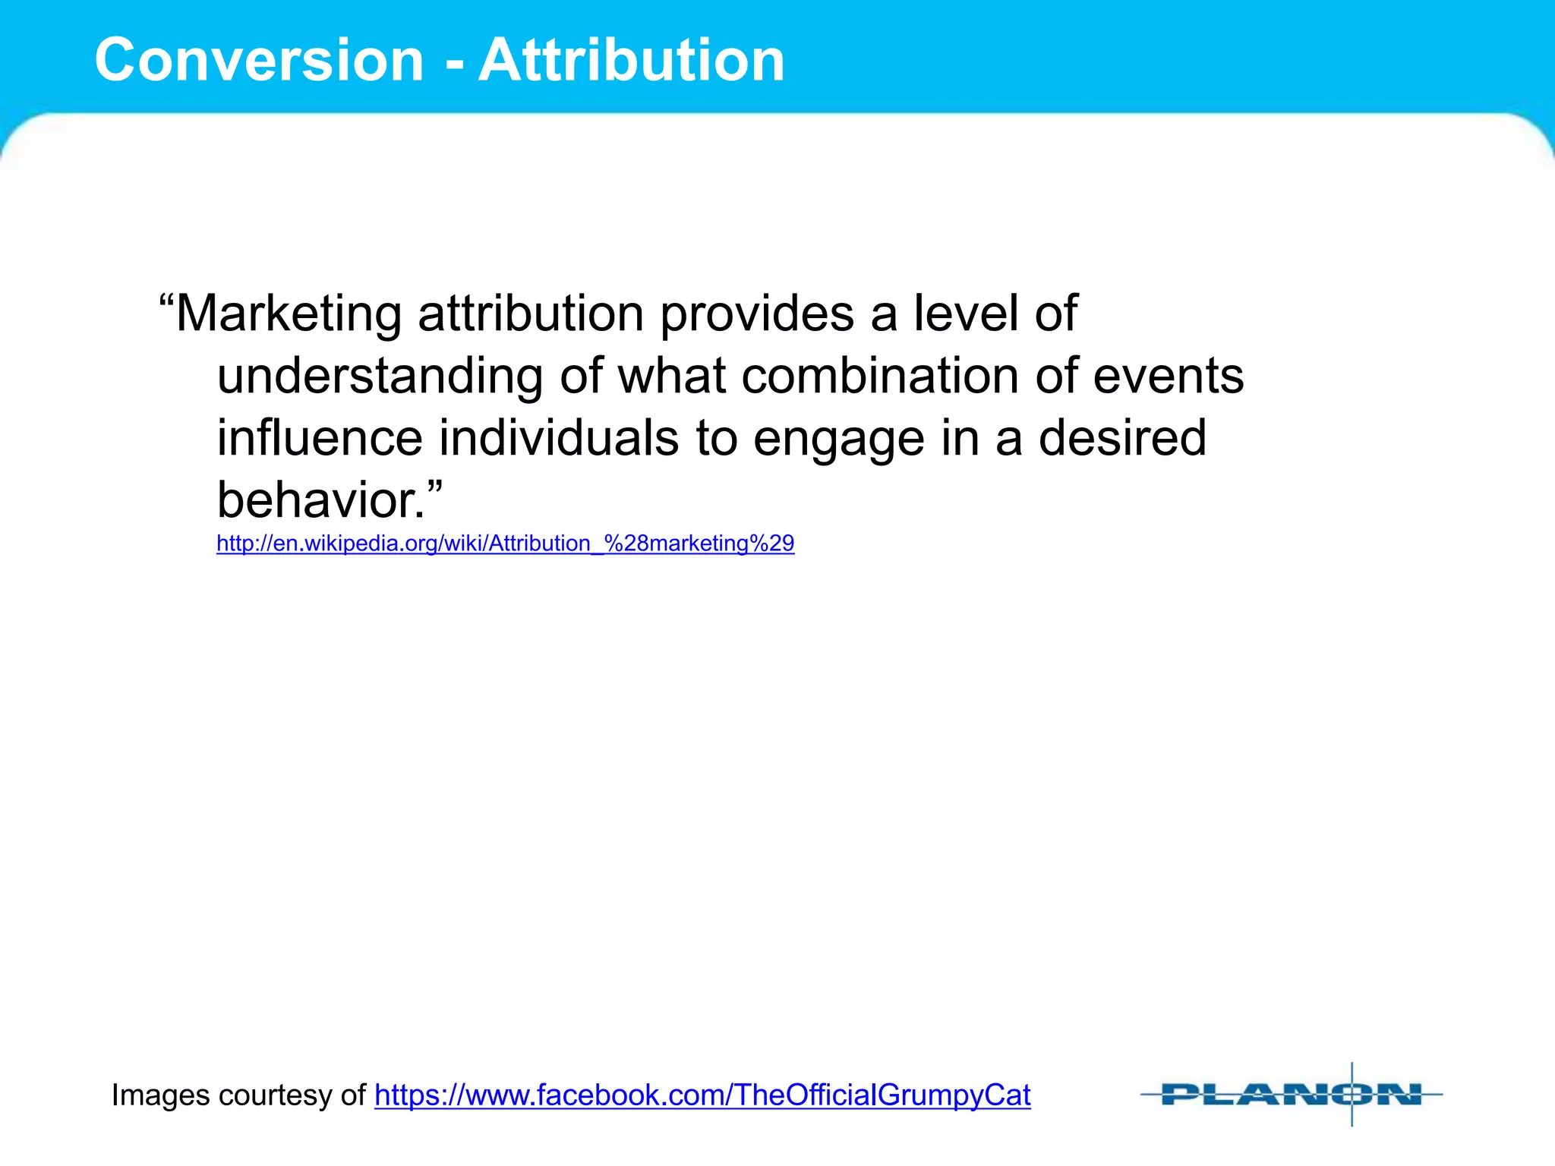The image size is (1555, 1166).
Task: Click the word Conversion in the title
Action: click(259, 60)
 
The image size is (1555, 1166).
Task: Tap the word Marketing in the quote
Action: click(289, 314)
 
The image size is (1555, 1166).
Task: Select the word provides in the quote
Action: click(757, 314)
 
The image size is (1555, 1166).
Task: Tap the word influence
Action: click(320, 438)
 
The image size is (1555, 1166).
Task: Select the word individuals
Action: click(559, 438)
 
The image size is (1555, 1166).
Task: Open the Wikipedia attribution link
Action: click(505, 544)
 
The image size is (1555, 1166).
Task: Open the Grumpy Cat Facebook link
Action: click(702, 1095)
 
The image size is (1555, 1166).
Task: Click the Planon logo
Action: click(1291, 1095)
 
